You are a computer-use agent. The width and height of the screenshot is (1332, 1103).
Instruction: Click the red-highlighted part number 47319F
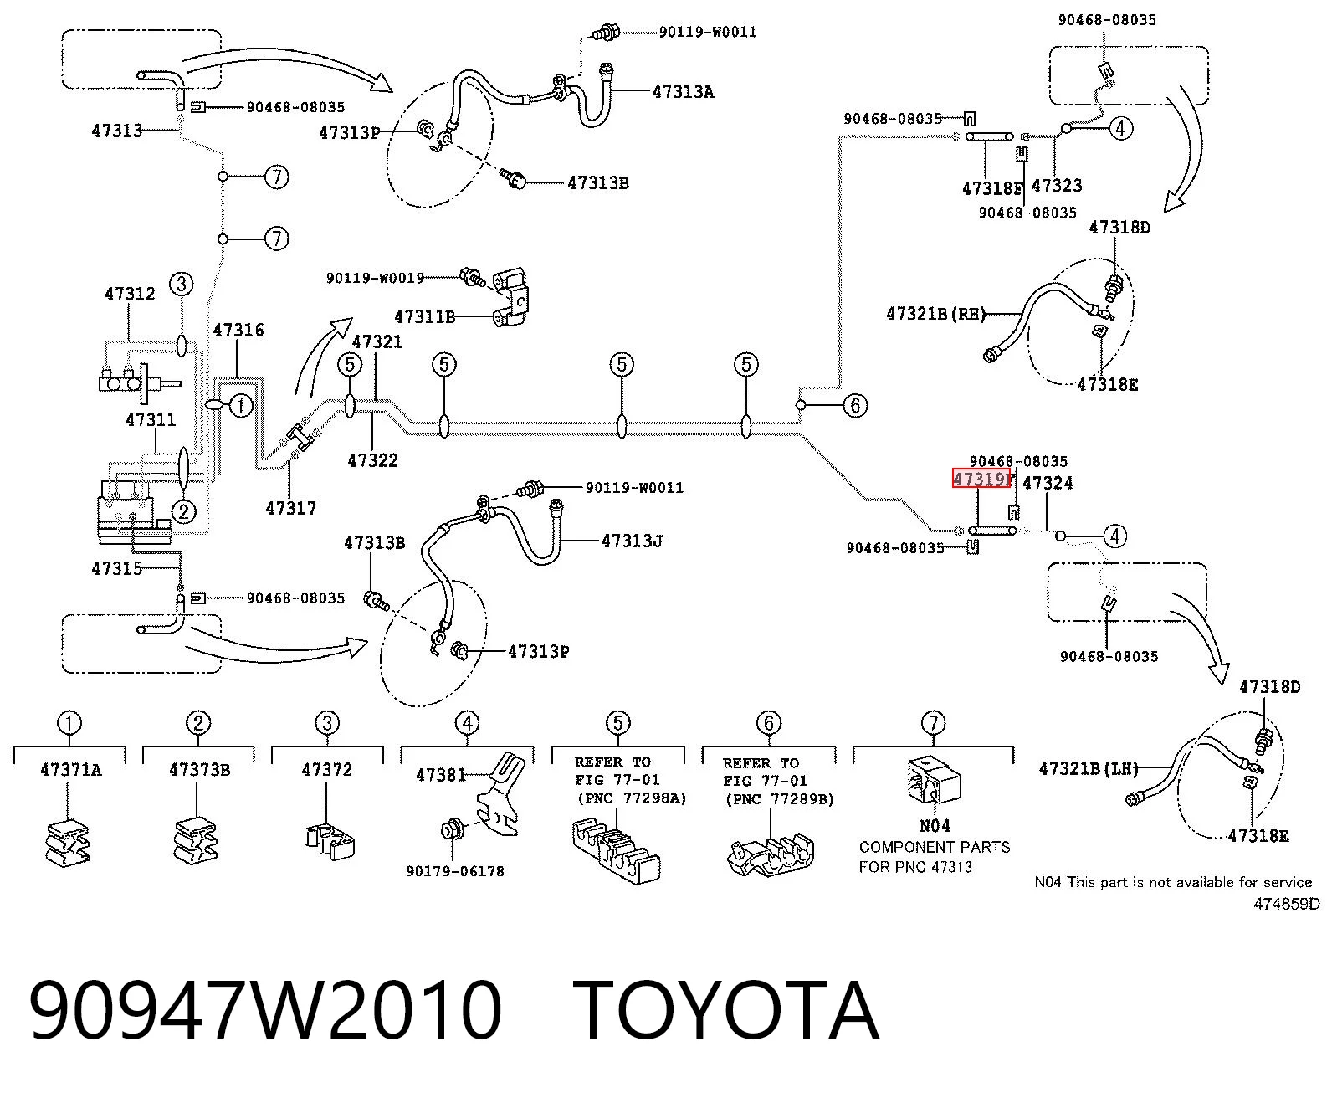click(981, 478)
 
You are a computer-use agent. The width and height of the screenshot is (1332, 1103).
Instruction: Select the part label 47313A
click(684, 92)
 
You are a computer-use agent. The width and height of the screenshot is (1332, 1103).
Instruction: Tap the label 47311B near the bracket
click(425, 316)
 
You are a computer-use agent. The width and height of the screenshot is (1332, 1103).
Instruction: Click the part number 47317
click(291, 508)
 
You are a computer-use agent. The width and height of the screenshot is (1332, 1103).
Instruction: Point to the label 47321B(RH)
click(936, 314)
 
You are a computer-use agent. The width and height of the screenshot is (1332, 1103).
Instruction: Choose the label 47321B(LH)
click(1089, 768)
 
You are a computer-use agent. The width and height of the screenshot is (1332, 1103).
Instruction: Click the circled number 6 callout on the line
click(855, 405)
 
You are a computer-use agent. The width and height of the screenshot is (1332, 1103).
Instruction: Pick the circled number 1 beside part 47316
click(240, 405)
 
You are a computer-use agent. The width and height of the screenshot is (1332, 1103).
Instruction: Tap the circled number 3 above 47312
click(182, 284)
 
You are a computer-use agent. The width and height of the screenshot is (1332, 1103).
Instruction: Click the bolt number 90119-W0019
click(375, 279)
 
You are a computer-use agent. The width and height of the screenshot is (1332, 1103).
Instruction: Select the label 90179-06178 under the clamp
click(455, 871)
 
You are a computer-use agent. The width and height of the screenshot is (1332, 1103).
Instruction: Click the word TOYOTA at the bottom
click(726, 1010)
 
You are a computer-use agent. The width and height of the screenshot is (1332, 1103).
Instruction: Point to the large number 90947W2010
click(264, 1010)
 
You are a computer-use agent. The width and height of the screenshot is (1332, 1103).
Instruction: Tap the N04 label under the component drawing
click(935, 826)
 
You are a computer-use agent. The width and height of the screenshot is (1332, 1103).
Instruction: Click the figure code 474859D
click(1286, 904)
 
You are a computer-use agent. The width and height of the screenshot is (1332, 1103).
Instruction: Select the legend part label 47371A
click(71, 770)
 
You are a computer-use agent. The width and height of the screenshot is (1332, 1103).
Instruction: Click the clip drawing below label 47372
click(329, 841)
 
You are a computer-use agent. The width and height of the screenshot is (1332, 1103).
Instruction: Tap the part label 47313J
click(633, 541)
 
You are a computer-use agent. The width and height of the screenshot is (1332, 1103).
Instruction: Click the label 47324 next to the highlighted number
click(1048, 483)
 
